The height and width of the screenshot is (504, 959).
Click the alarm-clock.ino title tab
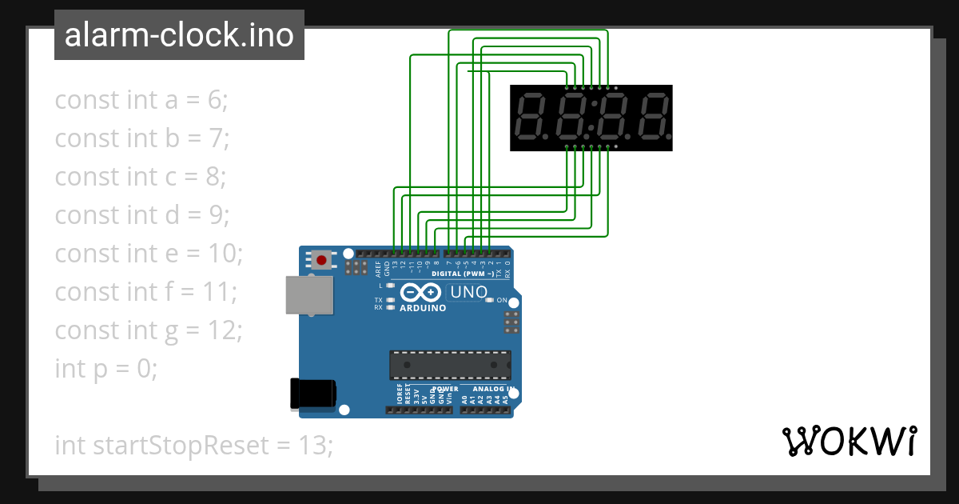(x=179, y=35)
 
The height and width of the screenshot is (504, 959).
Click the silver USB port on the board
(x=309, y=294)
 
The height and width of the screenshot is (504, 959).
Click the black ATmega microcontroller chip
(x=449, y=364)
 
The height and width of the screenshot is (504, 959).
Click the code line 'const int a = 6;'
(x=141, y=100)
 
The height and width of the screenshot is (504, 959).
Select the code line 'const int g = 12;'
(x=148, y=330)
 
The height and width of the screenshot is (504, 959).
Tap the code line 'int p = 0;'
(x=106, y=368)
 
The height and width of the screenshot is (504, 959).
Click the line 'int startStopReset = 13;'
(x=193, y=445)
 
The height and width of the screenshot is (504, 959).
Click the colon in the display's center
(x=591, y=118)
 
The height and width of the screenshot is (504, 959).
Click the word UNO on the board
(x=469, y=292)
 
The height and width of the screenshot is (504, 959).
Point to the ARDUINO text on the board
(x=423, y=308)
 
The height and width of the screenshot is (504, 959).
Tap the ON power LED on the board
(x=489, y=300)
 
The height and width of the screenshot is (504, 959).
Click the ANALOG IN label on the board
(x=489, y=389)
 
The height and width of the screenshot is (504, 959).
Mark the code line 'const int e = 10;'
(x=149, y=253)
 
